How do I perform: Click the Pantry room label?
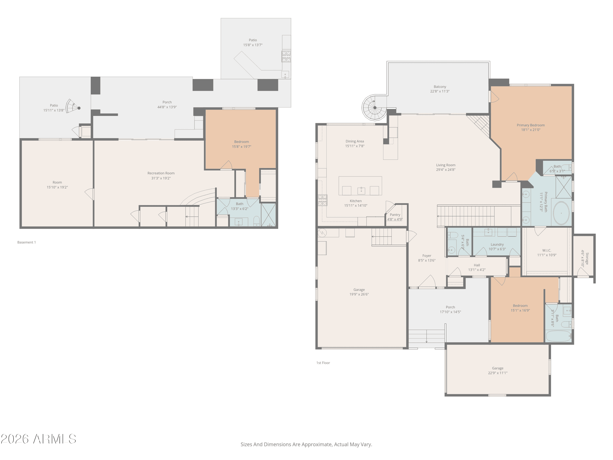click(x=395, y=215)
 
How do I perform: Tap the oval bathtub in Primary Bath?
click(x=561, y=213)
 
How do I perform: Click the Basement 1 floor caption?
click(x=27, y=242)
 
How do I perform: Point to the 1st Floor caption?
click(x=323, y=363)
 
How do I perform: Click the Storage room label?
click(x=587, y=258)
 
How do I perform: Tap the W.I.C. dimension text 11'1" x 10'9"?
click(x=547, y=255)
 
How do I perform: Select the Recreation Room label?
click(x=161, y=173)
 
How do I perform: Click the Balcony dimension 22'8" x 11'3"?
click(x=440, y=91)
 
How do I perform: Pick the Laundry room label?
click(x=497, y=244)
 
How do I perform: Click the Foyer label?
click(x=427, y=256)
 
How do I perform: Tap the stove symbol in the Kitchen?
click(x=322, y=200)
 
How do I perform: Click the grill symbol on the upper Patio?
click(x=286, y=56)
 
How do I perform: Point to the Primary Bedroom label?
click(x=531, y=125)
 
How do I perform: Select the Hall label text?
click(x=477, y=265)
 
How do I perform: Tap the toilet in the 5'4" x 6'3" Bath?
click(x=453, y=235)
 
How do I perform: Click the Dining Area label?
click(x=355, y=141)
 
